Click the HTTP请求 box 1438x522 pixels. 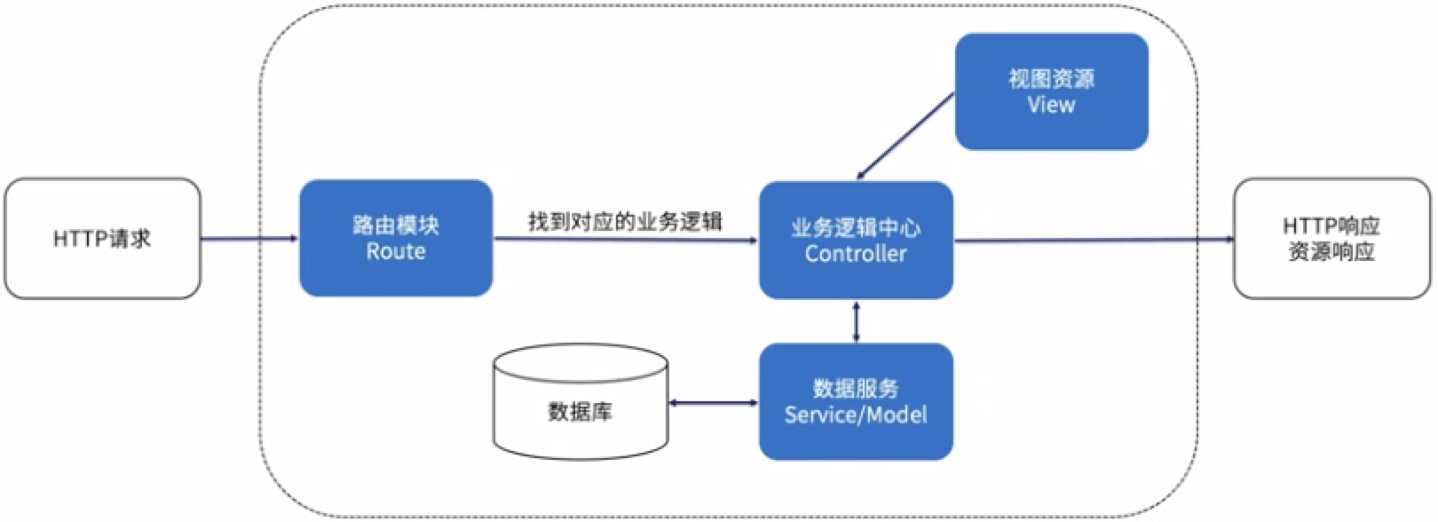(x=102, y=238)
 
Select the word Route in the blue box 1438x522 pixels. (x=396, y=252)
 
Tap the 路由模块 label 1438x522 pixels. (x=396, y=225)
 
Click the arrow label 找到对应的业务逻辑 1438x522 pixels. (x=625, y=221)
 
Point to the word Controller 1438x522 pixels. (x=856, y=254)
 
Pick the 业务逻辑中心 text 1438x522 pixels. (x=856, y=228)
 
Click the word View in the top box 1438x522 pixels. (x=1051, y=105)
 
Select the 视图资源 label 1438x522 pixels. (x=1051, y=79)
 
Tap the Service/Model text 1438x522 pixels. (x=856, y=415)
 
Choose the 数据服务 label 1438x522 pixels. (x=856, y=389)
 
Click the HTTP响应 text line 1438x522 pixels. (x=1331, y=226)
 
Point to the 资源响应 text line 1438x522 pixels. (x=1331, y=252)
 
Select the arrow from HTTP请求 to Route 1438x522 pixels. (x=249, y=238)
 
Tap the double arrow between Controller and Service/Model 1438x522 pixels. (x=856, y=321)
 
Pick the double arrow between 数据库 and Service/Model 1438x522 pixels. (x=714, y=403)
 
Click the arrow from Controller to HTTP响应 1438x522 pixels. (x=1092, y=240)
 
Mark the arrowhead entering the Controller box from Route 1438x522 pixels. (x=753, y=240)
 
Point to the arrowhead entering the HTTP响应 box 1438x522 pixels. (x=1229, y=239)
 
